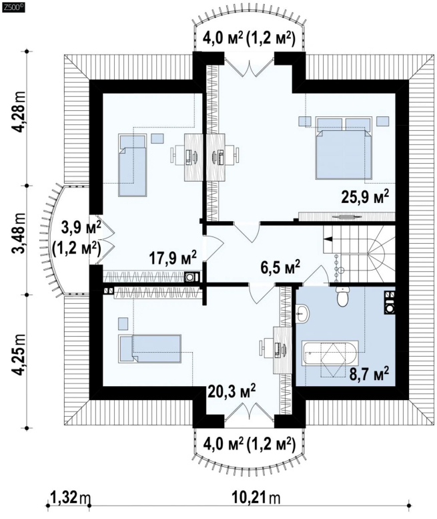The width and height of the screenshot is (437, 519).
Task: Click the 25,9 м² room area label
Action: [x=364, y=197]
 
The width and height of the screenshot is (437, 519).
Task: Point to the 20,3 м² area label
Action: [x=232, y=391]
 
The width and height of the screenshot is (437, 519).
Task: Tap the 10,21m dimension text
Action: [x=256, y=497]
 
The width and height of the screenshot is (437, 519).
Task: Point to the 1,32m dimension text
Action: [x=70, y=497]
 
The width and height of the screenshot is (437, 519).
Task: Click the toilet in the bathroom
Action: [x=342, y=296]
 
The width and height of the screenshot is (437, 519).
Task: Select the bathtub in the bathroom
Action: [x=330, y=359]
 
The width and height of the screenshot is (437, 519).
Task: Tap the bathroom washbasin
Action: [x=302, y=313]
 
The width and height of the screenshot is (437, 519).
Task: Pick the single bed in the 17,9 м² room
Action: [x=132, y=165]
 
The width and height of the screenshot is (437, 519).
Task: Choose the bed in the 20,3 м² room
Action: [x=150, y=349]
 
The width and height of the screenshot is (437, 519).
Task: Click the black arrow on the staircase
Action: [x=328, y=239]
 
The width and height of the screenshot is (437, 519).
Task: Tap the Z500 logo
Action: [x=13, y=7]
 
